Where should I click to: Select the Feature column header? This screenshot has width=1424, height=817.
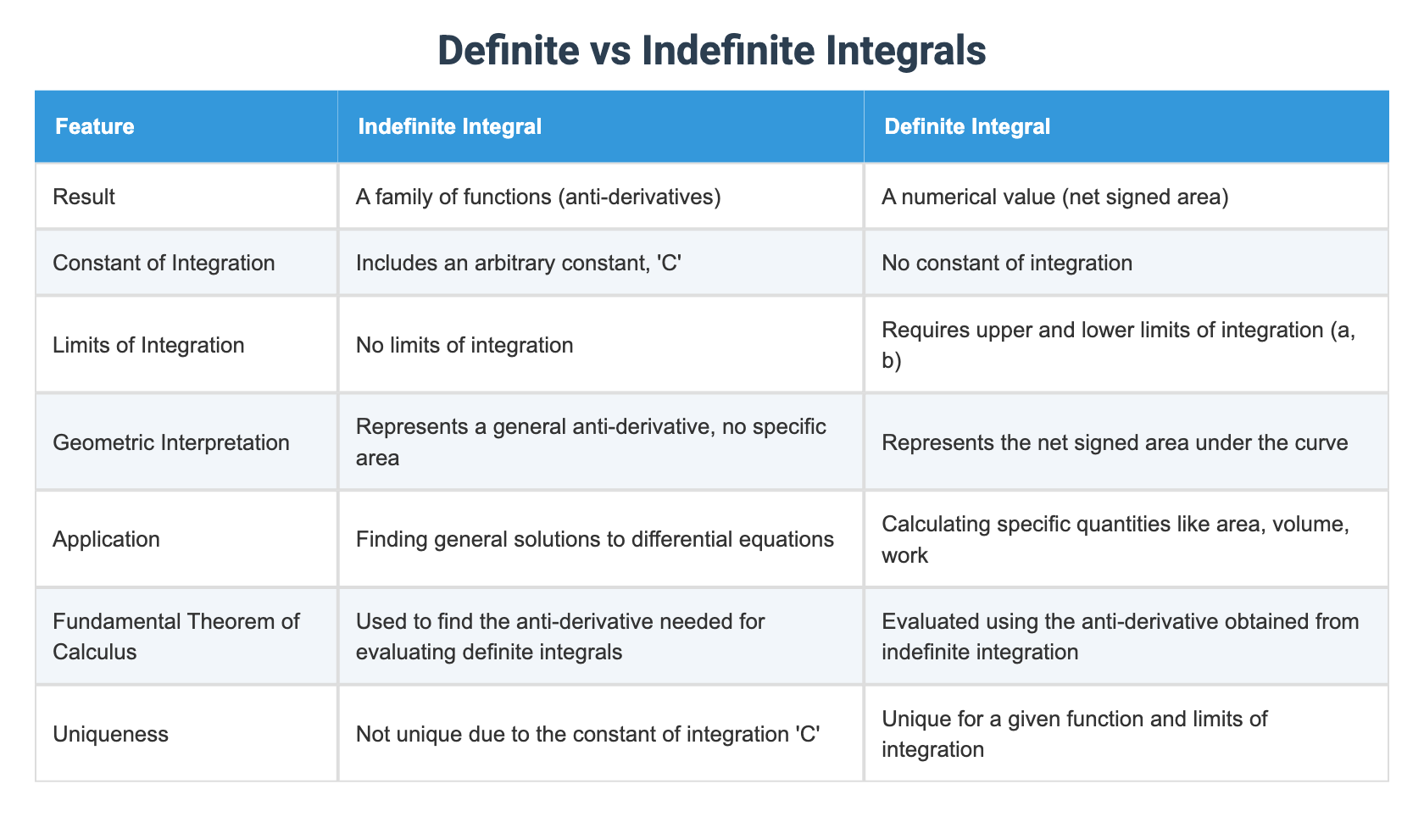coord(95,127)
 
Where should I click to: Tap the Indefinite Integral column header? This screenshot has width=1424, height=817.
coord(449,127)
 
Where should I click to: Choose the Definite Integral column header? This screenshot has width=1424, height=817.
coord(966,127)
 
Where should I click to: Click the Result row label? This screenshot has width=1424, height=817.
coord(84,197)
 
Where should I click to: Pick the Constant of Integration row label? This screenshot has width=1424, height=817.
coord(164,263)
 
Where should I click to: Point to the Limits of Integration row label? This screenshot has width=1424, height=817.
coord(148,345)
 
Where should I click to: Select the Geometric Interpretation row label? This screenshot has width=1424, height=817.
coord(171,442)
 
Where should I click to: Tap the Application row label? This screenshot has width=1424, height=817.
coord(106,539)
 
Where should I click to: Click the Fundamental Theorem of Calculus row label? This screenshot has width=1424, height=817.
coord(176,636)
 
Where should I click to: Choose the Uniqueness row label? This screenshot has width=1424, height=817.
coord(110,733)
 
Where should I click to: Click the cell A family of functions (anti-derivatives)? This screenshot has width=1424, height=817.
coord(538,197)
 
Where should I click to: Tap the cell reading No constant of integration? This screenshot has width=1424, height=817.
coord(1007,263)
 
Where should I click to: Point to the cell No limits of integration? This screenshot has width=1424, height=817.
coord(464,345)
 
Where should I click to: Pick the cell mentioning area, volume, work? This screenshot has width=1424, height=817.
coord(1115,539)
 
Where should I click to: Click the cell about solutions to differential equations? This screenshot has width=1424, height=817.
coord(595,539)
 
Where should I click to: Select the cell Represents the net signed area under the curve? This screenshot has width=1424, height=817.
coord(1115,442)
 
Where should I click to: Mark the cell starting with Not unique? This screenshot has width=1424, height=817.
coord(587,733)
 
